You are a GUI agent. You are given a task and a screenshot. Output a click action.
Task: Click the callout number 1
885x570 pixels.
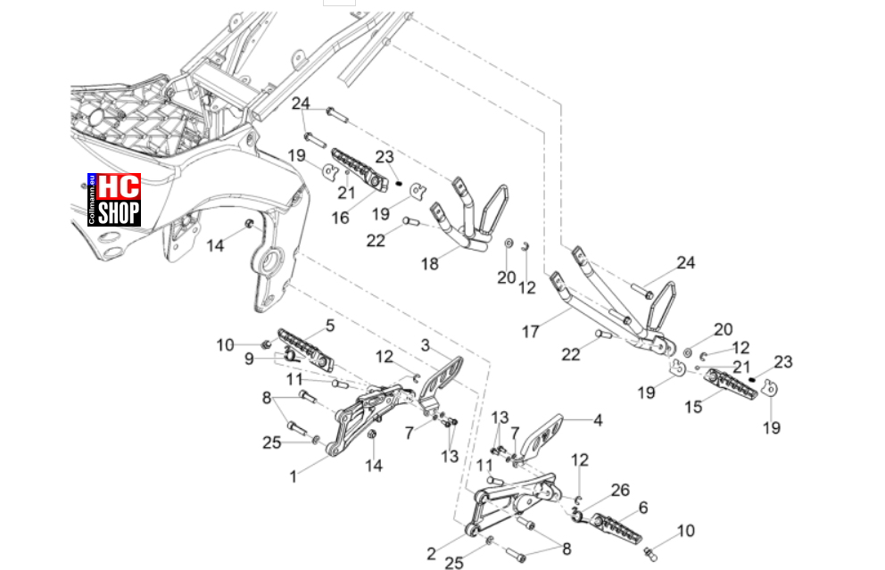(x=293, y=477)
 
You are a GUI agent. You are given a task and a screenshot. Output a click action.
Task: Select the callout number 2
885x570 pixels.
(x=431, y=554)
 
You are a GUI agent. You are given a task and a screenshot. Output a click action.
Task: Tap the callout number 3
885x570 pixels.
(x=425, y=345)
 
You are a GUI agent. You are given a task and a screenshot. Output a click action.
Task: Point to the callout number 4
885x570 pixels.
(x=598, y=420)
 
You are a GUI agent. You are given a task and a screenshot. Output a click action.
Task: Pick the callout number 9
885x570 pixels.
(x=249, y=359)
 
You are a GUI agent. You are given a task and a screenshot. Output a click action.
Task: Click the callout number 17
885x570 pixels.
(x=530, y=331)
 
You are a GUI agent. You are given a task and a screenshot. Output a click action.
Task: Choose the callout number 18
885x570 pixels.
(x=429, y=263)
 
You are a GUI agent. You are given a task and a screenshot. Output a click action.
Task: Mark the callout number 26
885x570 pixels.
(x=620, y=490)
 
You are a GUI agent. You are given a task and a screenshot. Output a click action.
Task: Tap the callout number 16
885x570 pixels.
(x=340, y=218)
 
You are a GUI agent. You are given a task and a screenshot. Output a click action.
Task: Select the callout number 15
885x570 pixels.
(x=693, y=407)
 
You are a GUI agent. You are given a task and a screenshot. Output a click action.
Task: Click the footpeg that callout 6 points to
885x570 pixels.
(x=616, y=529)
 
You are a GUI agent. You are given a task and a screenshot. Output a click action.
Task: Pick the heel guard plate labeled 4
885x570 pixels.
(x=541, y=435)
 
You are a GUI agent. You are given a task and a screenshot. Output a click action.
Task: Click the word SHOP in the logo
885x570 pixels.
(x=119, y=213)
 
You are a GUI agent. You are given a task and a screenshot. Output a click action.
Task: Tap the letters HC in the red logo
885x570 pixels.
(x=119, y=186)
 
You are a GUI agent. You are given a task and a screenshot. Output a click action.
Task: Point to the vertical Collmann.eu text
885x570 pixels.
(x=92, y=201)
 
